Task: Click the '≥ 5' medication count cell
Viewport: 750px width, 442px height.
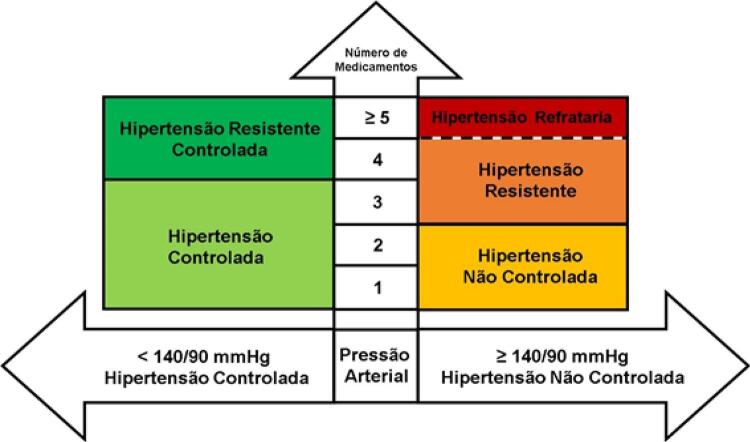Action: tap(376, 118)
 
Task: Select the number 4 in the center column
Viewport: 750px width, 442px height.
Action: tap(377, 160)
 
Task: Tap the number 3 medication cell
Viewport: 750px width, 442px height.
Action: tap(376, 202)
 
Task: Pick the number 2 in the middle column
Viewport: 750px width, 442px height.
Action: tap(377, 245)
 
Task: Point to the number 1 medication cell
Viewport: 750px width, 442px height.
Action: tap(376, 287)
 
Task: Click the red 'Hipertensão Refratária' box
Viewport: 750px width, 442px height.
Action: tap(523, 118)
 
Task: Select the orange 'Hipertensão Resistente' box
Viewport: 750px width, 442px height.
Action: tap(523, 181)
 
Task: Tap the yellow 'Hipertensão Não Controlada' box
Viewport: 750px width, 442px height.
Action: tap(523, 267)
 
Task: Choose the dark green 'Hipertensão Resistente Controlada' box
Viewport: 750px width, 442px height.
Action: tap(219, 138)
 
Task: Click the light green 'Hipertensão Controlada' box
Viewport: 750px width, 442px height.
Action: tap(219, 244)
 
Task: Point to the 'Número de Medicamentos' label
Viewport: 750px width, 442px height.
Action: tap(376, 60)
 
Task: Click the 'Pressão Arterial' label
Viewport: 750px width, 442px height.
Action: tap(376, 365)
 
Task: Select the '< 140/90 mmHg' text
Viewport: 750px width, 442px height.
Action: tap(204, 357)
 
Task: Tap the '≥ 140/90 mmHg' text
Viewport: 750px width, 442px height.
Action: tap(562, 357)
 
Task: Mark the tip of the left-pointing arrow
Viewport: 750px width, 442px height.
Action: tap(2, 366)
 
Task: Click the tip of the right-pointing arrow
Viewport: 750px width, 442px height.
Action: tap(748, 366)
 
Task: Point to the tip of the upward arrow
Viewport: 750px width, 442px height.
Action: tap(376, 3)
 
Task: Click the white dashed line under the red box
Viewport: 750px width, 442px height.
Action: tap(523, 138)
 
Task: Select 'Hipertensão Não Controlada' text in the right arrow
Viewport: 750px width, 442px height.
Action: tap(562, 378)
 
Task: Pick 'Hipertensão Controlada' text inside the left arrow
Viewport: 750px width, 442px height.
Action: tap(207, 378)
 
